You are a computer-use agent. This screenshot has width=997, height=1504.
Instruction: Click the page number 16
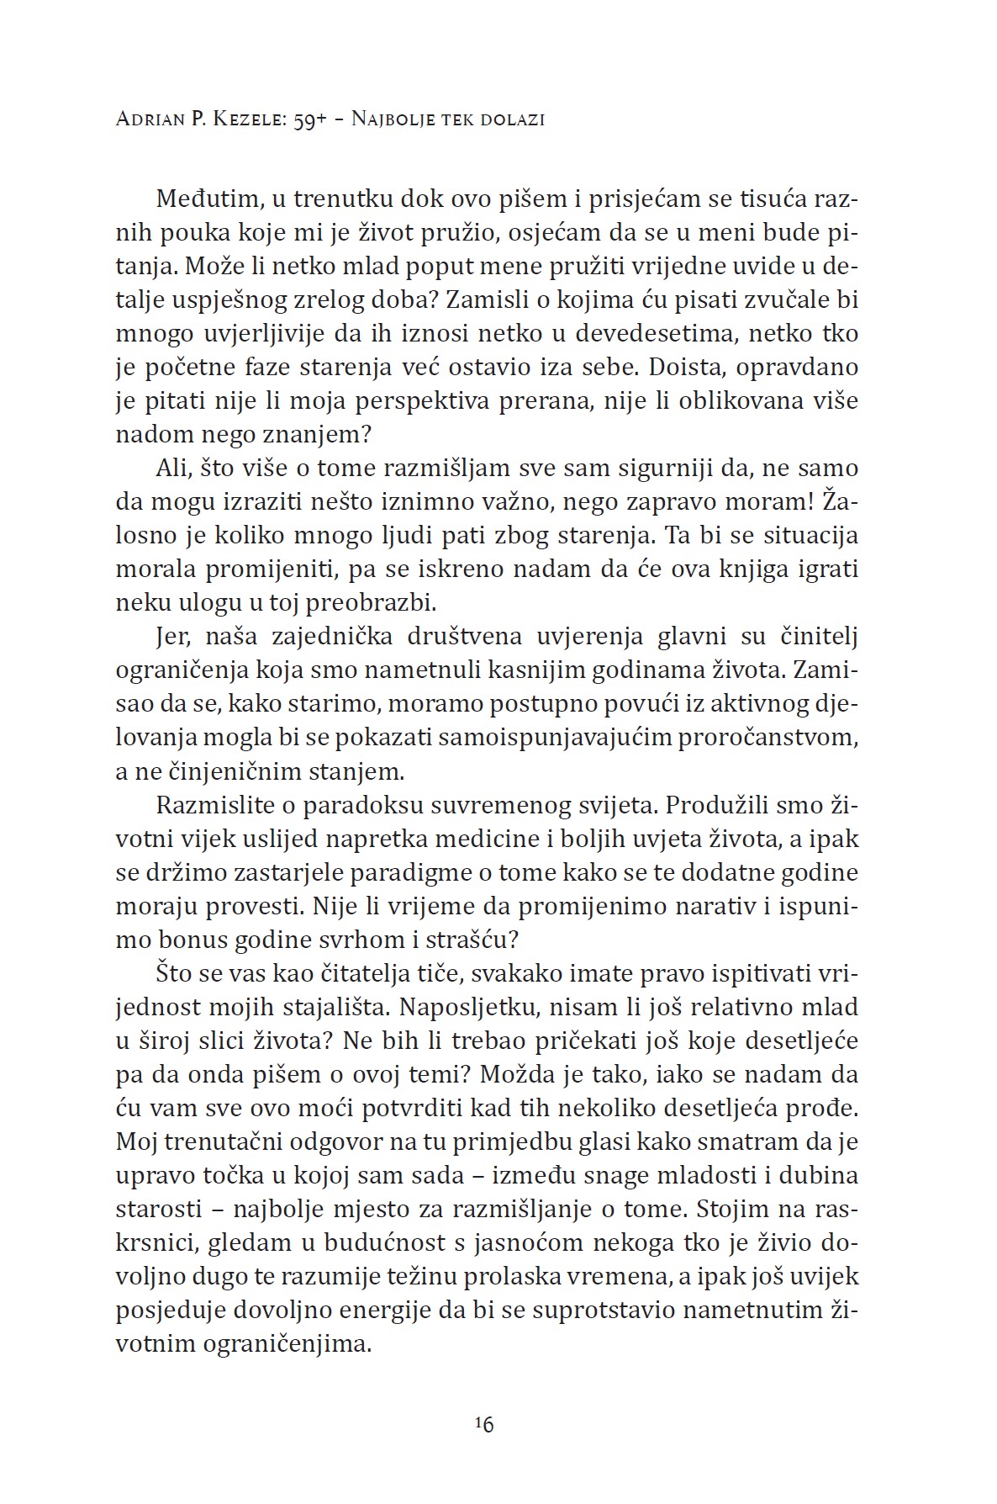click(x=483, y=1424)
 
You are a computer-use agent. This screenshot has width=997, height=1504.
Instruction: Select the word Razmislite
click(x=212, y=805)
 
